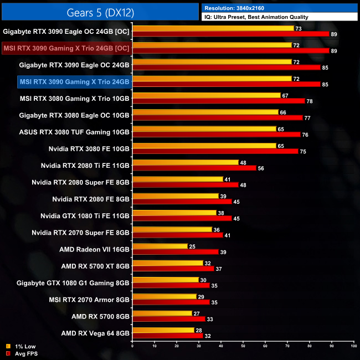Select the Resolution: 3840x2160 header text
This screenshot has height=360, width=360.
[x=240, y=8]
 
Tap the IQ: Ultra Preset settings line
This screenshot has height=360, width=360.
[x=256, y=17]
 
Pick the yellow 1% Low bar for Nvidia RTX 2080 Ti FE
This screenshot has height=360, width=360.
[x=186, y=162]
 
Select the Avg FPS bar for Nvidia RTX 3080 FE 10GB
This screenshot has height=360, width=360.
[x=215, y=151]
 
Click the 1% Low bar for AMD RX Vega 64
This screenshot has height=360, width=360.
[x=163, y=330]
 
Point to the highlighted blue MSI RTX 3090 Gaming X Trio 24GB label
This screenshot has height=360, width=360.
[x=74, y=82]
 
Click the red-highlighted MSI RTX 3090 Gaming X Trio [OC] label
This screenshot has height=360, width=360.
[x=66, y=48]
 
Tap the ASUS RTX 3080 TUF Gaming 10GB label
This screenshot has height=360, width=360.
[x=74, y=132]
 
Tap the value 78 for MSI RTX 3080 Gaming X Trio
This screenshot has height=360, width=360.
[x=310, y=101]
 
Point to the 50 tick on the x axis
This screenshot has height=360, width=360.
[x=243, y=346]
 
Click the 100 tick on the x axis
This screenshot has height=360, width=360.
[x=353, y=346]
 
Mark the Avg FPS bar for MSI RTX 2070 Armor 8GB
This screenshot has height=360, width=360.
[x=171, y=302]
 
